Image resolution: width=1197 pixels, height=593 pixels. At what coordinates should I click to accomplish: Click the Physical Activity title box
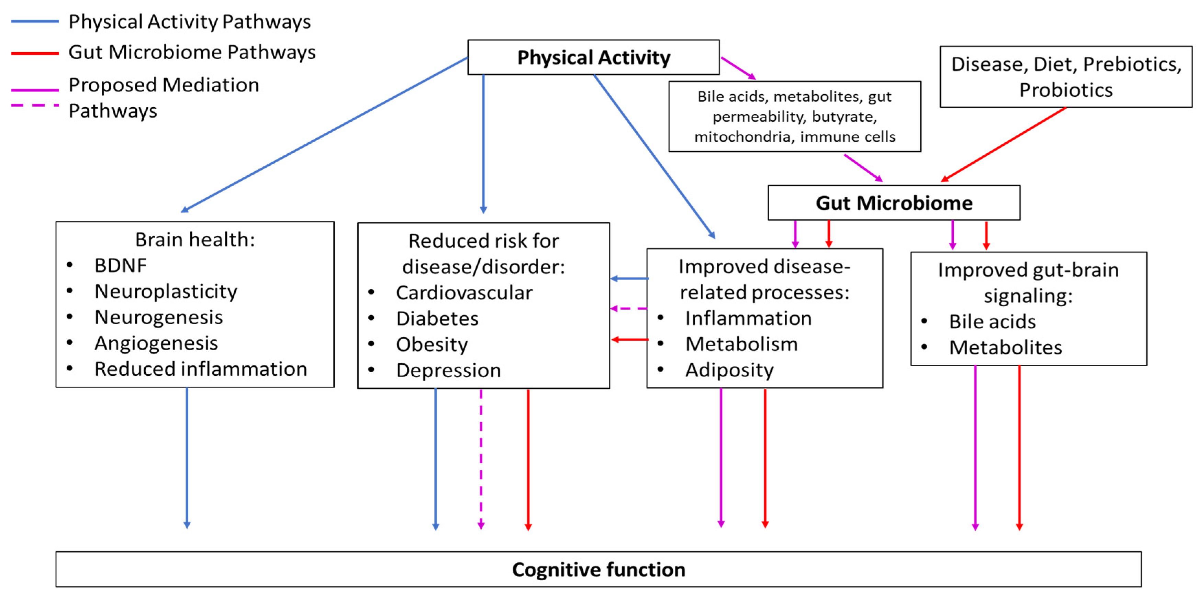click(x=593, y=57)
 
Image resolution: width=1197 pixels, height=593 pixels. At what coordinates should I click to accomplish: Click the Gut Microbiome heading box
click(x=894, y=203)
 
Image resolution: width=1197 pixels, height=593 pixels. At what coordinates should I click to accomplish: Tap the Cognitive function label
click(x=598, y=569)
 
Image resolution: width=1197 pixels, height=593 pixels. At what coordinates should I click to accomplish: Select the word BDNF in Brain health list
click(x=120, y=266)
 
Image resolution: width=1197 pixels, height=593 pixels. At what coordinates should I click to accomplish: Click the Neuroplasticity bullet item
click(x=166, y=292)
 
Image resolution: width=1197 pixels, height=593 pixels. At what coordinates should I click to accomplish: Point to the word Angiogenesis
click(x=156, y=343)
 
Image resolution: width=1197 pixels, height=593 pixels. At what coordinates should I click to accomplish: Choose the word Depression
click(x=448, y=371)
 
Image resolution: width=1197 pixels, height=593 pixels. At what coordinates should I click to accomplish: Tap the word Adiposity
click(x=729, y=370)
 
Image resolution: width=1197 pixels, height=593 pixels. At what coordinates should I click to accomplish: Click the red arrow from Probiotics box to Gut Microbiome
click(x=1004, y=144)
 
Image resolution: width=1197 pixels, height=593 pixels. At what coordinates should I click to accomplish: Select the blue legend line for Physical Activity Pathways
click(x=35, y=21)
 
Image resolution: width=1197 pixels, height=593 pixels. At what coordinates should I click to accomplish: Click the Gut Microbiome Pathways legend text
click(x=192, y=52)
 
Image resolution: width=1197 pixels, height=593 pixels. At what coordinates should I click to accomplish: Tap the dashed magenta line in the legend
click(x=35, y=106)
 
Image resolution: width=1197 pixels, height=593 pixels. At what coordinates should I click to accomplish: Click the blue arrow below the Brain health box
click(x=187, y=458)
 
